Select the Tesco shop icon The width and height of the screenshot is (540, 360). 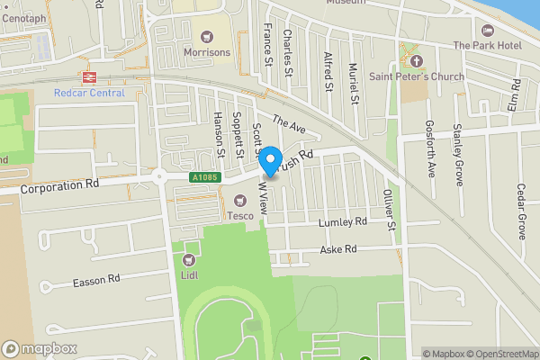[x=240, y=201]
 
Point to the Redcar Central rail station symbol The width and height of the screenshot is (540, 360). [x=88, y=76]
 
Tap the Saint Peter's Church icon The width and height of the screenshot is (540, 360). [x=416, y=61]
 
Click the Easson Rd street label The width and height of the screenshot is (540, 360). [x=96, y=282]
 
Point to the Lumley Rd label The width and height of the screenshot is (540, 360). [x=343, y=221]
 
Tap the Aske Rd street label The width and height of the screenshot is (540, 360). [x=338, y=249]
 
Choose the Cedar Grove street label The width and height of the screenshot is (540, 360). [x=521, y=211]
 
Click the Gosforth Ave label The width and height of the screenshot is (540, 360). [x=431, y=148]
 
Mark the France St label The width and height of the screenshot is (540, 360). [x=267, y=46]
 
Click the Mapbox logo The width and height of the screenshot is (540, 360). [x=38, y=348]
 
